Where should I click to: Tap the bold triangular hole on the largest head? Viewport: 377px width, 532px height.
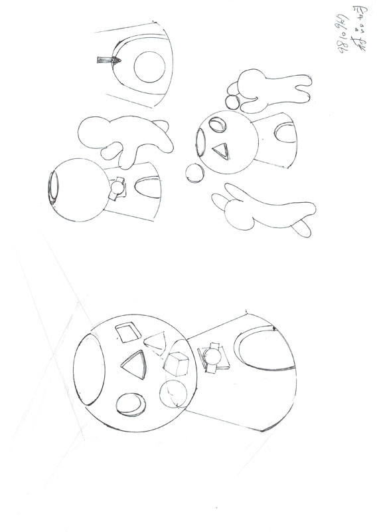pyautogui.click(x=133, y=365)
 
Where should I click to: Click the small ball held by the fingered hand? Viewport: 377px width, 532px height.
pyautogui.click(x=232, y=102)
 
